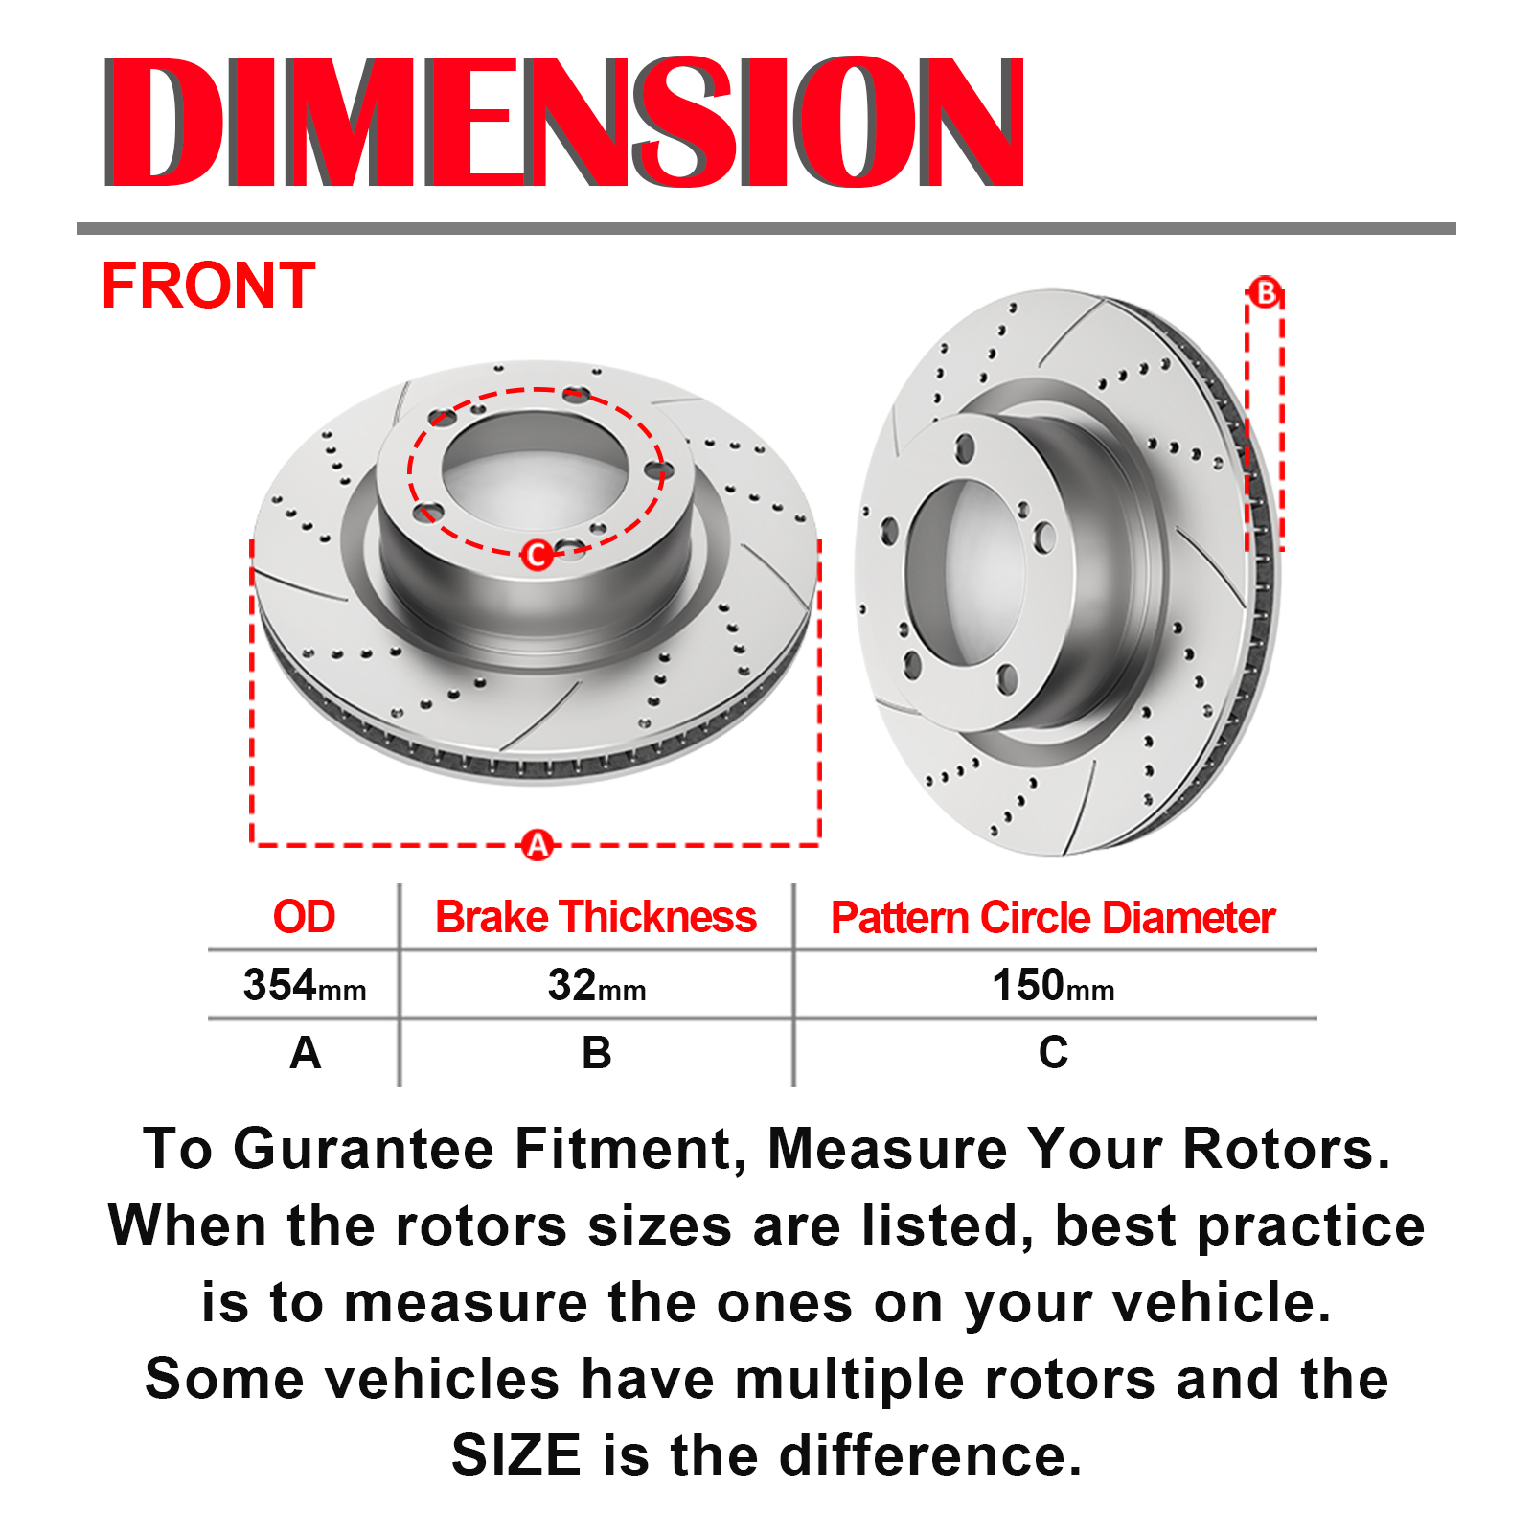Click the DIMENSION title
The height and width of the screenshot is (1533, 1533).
click(565, 122)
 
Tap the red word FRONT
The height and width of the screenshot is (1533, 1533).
click(208, 286)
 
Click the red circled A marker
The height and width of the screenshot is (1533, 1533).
click(538, 845)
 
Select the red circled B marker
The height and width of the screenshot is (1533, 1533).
click(1265, 292)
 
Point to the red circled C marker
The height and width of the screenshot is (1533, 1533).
click(537, 554)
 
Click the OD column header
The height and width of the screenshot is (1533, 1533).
click(304, 917)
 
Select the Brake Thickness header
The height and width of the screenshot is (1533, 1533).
click(596, 917)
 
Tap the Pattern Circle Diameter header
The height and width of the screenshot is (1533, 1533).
click(1053, 918)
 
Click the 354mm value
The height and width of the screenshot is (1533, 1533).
click(305, 985)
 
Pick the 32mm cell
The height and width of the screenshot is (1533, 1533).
click(596, 985)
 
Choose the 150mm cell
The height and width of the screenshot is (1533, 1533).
click(1053, 985)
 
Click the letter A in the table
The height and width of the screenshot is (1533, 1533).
click(305, 1053)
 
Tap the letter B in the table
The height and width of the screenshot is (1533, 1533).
click(596, 1053)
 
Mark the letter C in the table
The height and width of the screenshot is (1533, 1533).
click(1053, 1053)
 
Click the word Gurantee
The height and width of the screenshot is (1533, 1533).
click(364, 1149)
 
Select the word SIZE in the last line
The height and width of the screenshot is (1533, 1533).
click(516, 1455)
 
